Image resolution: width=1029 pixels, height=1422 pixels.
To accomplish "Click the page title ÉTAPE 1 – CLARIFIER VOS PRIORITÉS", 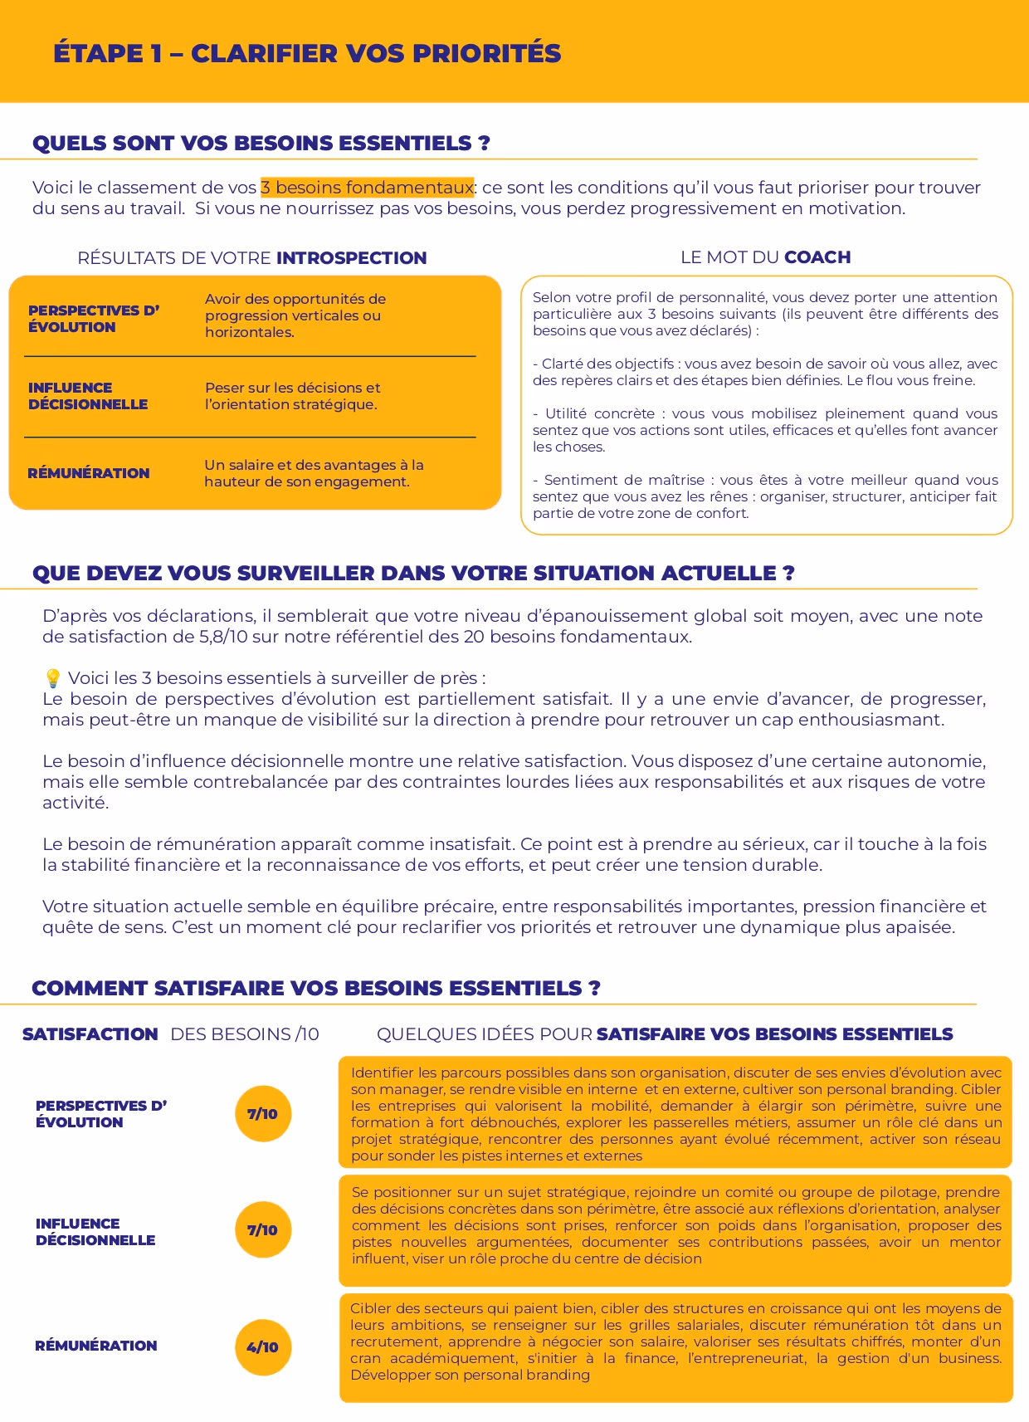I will pos(307,53).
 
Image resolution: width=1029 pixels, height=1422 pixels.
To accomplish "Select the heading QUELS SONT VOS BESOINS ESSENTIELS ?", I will pos(261,144).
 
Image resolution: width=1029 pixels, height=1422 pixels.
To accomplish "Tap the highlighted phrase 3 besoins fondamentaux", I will pos(367,188).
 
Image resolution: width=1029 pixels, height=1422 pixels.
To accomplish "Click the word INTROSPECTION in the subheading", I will pos(351,258).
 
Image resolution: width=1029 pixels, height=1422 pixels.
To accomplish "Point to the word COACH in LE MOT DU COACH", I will pos(817,257).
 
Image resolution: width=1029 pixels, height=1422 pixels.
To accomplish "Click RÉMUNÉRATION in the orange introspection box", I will pos(89,473).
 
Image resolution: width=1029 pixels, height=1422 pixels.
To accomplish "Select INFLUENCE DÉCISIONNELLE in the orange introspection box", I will pos(88,396).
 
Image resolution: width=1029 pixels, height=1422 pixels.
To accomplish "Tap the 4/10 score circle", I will pos(263,1346).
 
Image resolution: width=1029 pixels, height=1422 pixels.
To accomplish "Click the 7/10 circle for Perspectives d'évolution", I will pos(263,1114).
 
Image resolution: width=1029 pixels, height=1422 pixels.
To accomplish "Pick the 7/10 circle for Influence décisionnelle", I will pos(263,1229).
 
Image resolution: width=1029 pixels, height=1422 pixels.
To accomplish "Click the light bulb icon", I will pos(53,678).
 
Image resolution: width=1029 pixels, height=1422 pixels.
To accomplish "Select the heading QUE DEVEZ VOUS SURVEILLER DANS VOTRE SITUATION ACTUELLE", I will pos(413,574).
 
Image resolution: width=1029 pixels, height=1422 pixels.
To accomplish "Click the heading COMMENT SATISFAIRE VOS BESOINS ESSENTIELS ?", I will pos(315,989).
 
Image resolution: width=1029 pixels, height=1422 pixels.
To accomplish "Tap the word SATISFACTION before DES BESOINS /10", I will pos(90,1034).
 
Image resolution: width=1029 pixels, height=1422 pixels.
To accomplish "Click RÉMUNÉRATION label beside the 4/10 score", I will pos(95,1346).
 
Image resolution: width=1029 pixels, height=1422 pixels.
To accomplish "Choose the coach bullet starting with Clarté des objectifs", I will pos(765,372).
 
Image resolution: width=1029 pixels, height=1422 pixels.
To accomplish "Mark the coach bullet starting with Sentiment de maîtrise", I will pos(765,496).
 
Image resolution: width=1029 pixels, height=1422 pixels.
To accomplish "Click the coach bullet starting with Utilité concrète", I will pos(765,430).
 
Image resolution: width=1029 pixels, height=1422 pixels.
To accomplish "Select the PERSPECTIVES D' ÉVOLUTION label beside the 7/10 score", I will pos(100,1114).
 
